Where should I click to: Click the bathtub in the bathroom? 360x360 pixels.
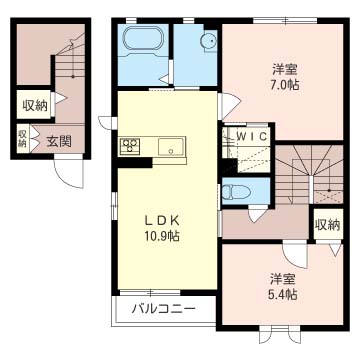pos(143,39)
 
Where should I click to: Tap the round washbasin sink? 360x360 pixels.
pos(208,41)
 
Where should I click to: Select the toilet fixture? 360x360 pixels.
pos(234,192)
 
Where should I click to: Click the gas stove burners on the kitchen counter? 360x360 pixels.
pos(130,146)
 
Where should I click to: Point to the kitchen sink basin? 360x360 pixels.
pos(171,146)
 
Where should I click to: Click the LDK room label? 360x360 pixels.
pos(162,221)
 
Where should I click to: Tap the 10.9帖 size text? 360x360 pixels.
pos(163,236)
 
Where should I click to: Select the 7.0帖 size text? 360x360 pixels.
pos(284,85)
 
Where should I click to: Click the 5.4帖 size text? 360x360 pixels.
pos(282,294)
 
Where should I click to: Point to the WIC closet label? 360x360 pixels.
pos(252,137)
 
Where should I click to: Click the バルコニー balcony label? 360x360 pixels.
pos(163,308)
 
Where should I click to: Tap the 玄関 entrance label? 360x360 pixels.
pos(59,142)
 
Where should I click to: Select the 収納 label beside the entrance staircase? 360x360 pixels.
pos(35,106)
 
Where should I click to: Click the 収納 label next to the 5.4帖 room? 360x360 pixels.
pos(328,225)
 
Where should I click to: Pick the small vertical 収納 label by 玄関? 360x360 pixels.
pos(23,139)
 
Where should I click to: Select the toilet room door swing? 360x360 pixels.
pos(258,214)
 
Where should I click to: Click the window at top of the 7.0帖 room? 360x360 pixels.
pos(285,20)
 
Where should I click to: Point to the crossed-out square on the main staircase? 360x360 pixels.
pos(328,197)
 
